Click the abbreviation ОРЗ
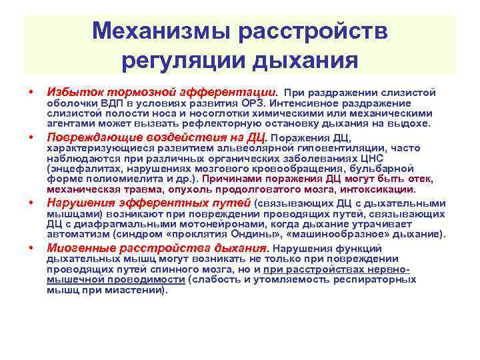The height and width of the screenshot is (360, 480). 250,103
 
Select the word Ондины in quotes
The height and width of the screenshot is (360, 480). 251,235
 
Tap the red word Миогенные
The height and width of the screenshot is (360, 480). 77,249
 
